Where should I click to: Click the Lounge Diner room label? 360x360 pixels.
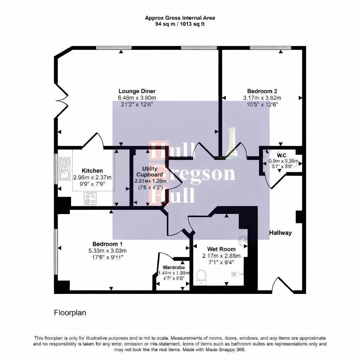137,91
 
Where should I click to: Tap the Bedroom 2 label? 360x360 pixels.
262,91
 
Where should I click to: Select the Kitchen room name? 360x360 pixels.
92,171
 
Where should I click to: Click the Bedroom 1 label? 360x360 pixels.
107,244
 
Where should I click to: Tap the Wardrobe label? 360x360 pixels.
174,267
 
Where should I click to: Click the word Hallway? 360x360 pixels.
280,233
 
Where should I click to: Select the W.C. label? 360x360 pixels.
282,155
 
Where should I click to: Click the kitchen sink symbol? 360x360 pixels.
65,169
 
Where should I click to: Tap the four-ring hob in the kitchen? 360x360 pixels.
90,198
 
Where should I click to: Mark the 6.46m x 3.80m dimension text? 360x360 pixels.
137,98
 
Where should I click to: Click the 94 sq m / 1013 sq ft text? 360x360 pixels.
180,24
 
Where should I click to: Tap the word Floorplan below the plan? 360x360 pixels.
70,313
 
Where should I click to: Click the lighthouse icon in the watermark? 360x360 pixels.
232,142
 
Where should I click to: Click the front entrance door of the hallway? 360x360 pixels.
282,285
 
